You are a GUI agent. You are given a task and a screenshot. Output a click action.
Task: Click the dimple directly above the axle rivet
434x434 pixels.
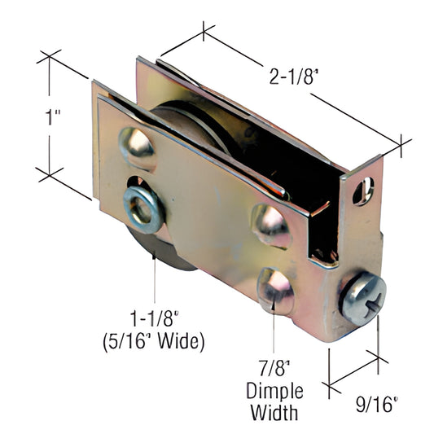(138, 147)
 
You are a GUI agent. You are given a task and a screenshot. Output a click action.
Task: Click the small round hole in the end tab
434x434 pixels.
(363, 191)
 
